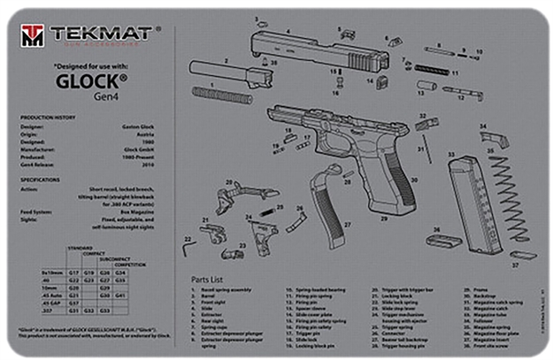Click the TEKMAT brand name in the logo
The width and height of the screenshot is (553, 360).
pos(99,34)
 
